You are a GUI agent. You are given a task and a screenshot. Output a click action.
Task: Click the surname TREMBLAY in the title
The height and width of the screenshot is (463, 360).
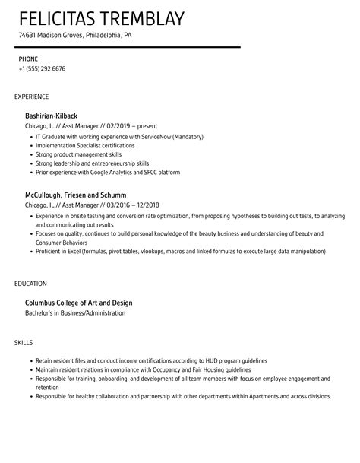(x=141, y=17)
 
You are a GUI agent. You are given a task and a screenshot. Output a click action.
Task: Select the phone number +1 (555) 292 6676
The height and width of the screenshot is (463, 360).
(x=42, y=68)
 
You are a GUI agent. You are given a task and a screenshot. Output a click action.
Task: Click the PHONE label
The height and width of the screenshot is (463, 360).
(x=27, y=58)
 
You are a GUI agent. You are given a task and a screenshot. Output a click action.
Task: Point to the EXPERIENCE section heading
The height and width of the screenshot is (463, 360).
(x=32, y=97)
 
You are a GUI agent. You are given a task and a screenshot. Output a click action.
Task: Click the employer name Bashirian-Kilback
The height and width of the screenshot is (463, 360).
(x=52, y=116)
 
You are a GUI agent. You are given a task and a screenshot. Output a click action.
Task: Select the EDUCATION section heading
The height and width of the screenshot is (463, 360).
(x=30, y=284)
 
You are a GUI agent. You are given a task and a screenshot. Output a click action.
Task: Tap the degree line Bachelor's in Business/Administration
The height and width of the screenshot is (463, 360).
(x=75, y=312)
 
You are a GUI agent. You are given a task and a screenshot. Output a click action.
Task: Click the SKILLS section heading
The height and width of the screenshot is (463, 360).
(x=24, y=344)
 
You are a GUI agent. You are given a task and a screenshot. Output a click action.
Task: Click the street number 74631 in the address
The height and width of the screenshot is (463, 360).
(x=28, y=35)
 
